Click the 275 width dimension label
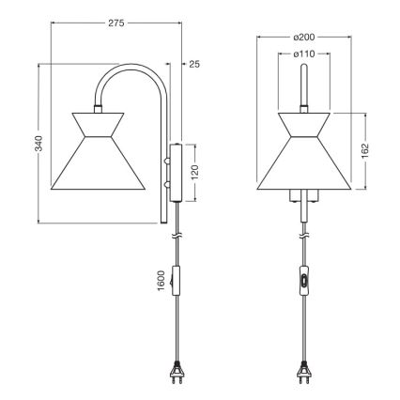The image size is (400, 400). [x=116, y=21]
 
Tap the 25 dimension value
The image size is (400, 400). [x=194, y=65]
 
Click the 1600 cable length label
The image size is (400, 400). [x=161, y=281]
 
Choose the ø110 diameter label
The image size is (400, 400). [x=302, y=54]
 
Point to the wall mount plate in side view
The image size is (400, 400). [x=176, y=171]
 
